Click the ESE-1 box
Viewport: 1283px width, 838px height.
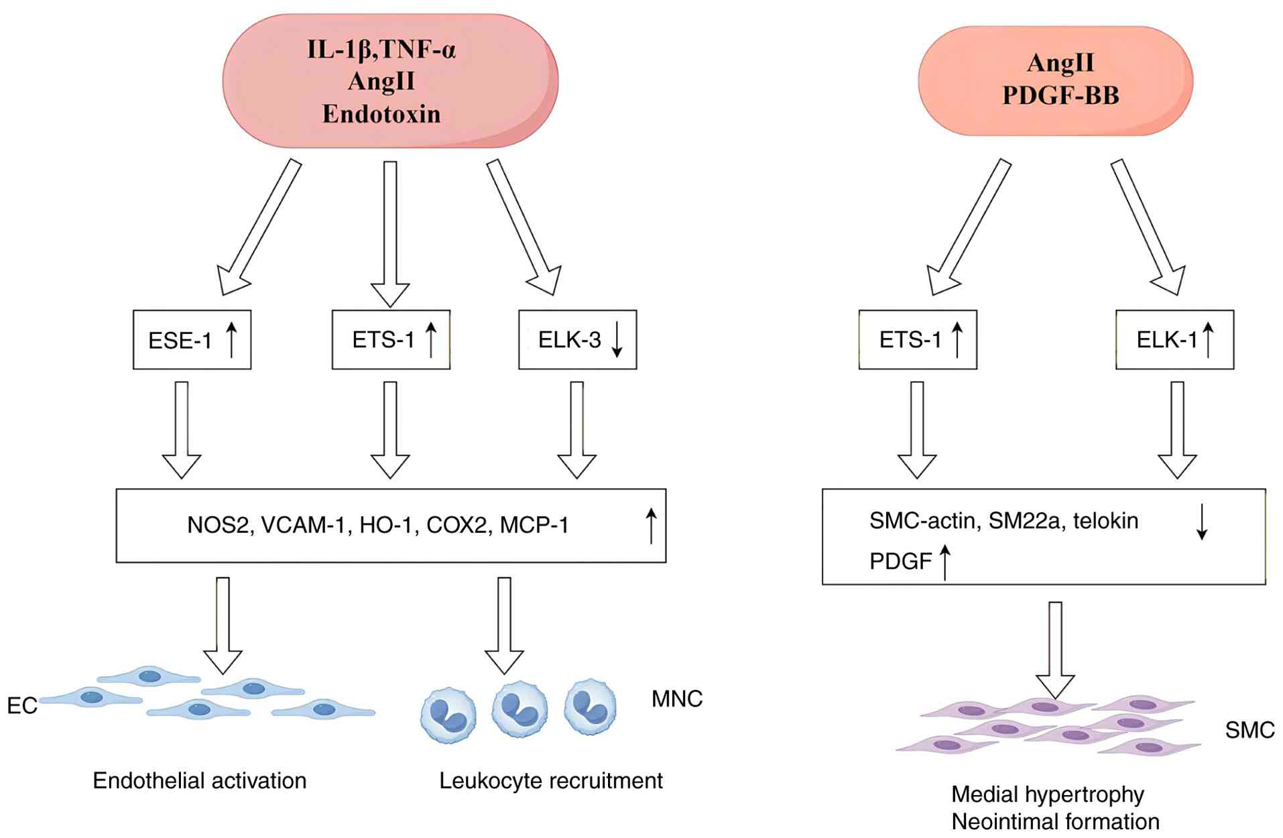coord(192,340)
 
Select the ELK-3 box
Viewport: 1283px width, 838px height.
coord(577,340)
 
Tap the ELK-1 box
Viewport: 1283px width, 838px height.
coord(1174,340)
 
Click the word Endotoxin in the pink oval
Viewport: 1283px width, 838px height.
coord(381,114)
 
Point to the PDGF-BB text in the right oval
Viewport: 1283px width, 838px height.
coord(1060,95)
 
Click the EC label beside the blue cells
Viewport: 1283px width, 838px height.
coord(21,706)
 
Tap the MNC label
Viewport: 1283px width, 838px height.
coord(677,699)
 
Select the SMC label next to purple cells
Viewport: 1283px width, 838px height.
coord(1249,730)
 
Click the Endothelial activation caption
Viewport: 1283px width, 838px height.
coord(199,781)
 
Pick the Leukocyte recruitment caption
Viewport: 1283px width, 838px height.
coord(550,781)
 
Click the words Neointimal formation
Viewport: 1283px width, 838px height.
coord(1055,822)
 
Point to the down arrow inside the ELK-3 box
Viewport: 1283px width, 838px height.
coord(617,341)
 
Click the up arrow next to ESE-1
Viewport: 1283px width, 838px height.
coord(231,339)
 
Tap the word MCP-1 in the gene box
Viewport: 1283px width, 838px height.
coord(534,525)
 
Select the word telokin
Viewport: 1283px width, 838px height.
coord(1105,521)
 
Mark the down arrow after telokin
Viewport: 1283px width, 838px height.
coord(1202,522)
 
